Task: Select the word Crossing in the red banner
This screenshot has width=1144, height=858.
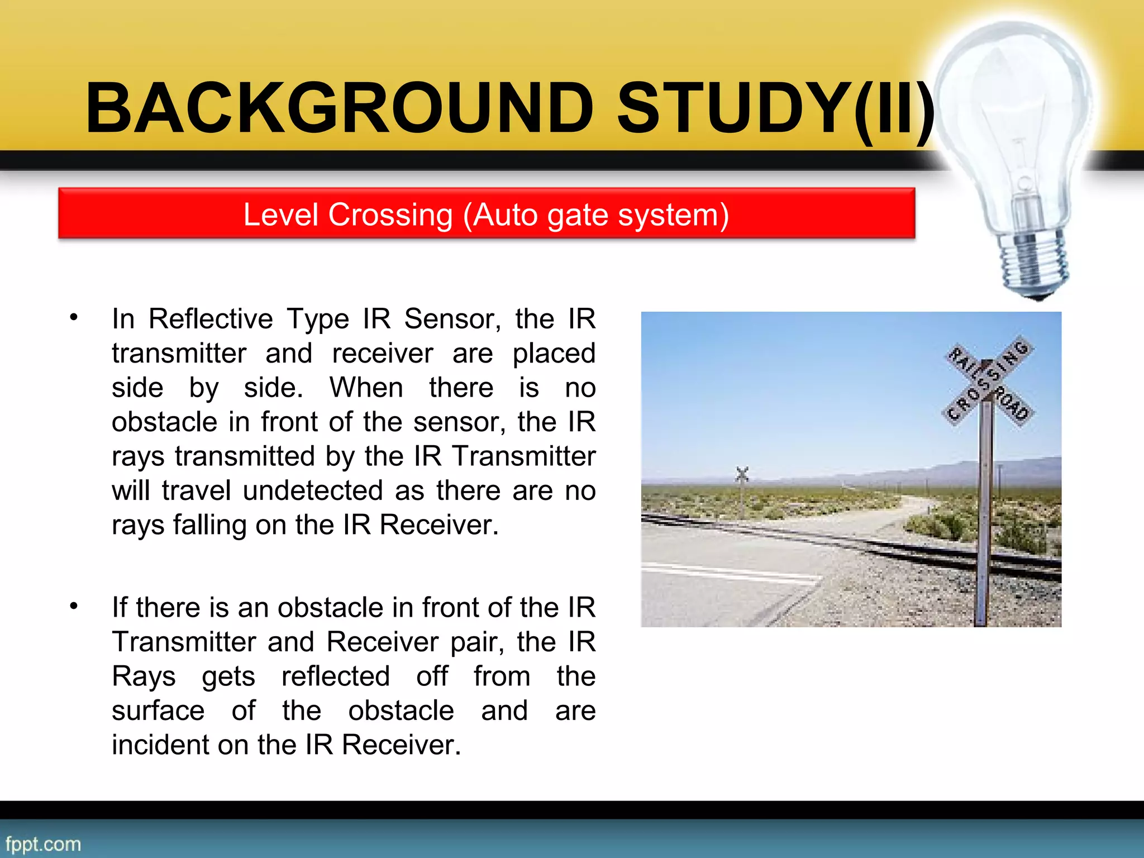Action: (390, 215)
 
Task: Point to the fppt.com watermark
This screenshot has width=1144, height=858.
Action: (43, 843)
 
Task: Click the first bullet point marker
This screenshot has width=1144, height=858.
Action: (74, 317)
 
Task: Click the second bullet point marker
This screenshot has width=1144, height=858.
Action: (74, 606)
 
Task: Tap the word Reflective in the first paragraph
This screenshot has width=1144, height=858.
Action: (211, 319)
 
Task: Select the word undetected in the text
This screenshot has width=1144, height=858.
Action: (313, 490)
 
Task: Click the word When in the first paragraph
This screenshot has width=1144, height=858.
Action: (366, 388)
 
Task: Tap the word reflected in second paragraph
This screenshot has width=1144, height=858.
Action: (335, 676)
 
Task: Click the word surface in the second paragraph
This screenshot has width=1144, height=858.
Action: (158, 711)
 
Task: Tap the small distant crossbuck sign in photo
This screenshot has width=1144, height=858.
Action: (742, 475)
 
